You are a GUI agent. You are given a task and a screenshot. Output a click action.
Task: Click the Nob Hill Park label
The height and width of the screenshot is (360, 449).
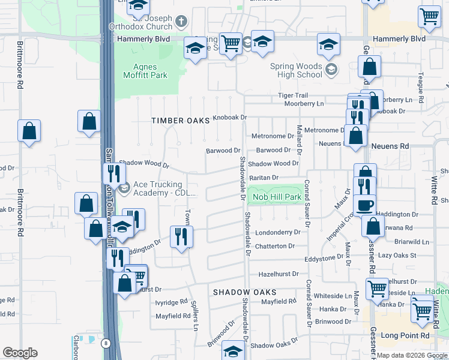point(277,197)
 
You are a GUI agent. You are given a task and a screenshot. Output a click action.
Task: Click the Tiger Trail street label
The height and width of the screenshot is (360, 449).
point(293,96)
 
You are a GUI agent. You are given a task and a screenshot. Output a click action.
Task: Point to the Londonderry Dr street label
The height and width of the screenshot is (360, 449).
point(277,232)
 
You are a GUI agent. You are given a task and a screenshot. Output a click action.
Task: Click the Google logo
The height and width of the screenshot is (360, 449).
point(20,353)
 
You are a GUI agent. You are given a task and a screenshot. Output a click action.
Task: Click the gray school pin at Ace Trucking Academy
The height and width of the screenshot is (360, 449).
point(124,190)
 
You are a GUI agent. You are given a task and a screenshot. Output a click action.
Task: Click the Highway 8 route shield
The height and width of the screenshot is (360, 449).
point(106,343)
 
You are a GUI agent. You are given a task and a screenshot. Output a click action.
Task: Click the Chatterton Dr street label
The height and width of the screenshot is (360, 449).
point(275,246)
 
